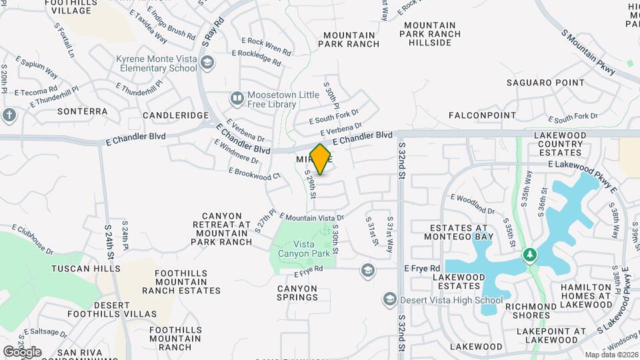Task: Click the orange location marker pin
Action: click(321, 159)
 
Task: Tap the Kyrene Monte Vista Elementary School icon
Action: click(207, 63)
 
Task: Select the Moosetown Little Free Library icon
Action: click(237, 99)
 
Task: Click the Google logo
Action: click(22, 352)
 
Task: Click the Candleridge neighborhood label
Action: click(176, 115)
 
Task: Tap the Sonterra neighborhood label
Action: click(82, 111)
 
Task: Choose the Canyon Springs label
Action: click(297, 293)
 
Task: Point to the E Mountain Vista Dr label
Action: click(311, 218)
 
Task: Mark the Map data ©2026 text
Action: click(611, 355)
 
